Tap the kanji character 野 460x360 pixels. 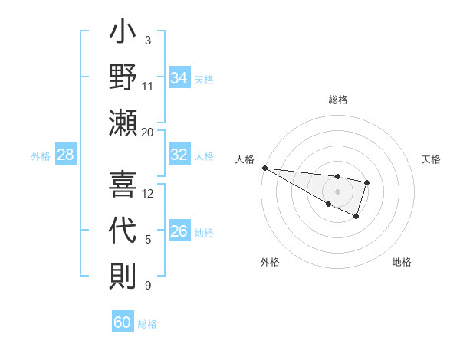click(123, 79)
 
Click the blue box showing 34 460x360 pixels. click(179, 77)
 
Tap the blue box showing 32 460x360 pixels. click(179, 155)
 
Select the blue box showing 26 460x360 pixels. click(179, 231)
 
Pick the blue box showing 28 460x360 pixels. click(65, 155)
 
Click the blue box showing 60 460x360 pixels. click(123, 322)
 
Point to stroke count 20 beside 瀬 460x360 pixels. click(148, 133)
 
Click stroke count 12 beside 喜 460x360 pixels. click(148, 193)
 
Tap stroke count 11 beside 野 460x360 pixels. click(148, 86)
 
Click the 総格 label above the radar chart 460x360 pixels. click(337, 100)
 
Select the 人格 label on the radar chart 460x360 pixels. click(245, 159)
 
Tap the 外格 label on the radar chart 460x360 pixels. click(270, 262)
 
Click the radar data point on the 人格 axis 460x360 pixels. click(264, 168)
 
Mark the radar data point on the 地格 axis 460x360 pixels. click(356, 218)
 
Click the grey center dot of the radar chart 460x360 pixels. click(337, 191)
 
